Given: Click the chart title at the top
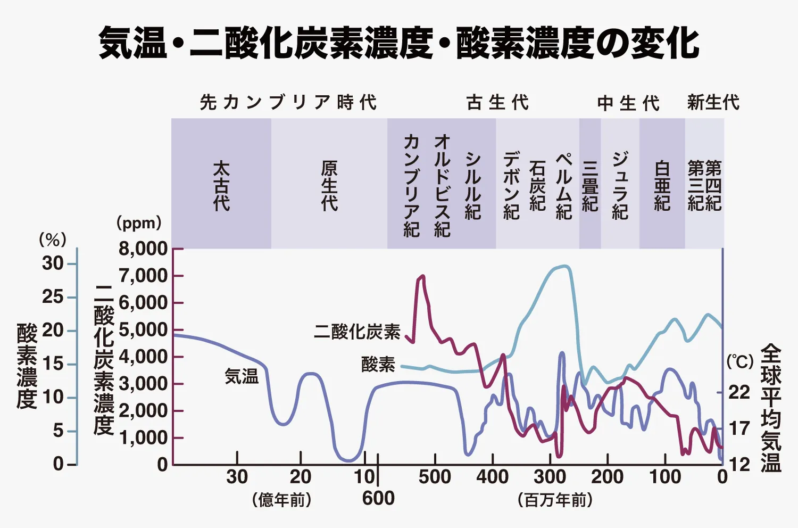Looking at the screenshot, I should tap(398, 43).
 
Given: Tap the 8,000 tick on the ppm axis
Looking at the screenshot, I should tap(143, 249).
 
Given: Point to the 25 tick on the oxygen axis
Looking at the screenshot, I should tap(53, 296).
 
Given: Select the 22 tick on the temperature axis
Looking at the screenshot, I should tap(739, 392).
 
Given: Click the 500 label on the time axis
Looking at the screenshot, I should tap(435, 477).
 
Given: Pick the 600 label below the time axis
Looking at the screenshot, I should tap(378, 498).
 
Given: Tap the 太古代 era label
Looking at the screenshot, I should tap(221, 186).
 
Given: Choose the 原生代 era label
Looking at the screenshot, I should tap(329, 186).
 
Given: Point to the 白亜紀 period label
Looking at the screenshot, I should tap(662, 186).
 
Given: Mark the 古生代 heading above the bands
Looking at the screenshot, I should tap(497, 102).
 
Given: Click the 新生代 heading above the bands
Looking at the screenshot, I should tap(713, 102).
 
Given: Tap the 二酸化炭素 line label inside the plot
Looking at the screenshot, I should tap(357, 332).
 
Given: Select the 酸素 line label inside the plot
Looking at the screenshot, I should tap(378, 365).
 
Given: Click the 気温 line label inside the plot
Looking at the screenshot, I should tap(242, 376).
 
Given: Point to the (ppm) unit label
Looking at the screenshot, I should tap(139, 223).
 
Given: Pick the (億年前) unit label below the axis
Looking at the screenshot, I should tap(281, 500).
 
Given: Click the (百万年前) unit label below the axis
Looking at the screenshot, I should tap(555, 500).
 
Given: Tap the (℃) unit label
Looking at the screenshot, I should tap(740, 362).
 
